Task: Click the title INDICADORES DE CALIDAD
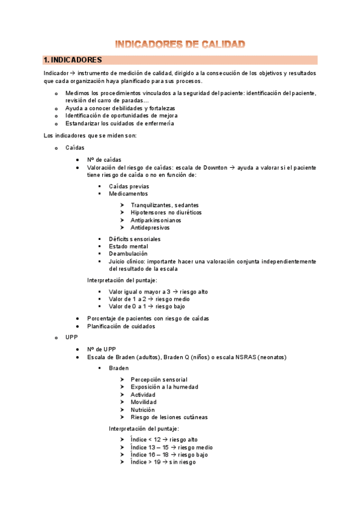(180, 44)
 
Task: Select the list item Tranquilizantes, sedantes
(164, 205)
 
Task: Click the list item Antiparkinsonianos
(156, 220)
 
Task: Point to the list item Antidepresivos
(150, 228)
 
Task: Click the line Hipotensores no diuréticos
(166, 213)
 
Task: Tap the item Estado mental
(128, 247)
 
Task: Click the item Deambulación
(128, 254)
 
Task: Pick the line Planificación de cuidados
(121, 326)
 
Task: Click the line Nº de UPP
(102, 349)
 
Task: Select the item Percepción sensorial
(159, 379)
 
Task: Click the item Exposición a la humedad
(164, 387)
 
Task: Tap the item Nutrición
(142, 410)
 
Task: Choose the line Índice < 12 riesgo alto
(163, 440)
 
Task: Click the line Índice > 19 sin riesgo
(162, 462)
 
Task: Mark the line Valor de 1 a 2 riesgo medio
(149, 299)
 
